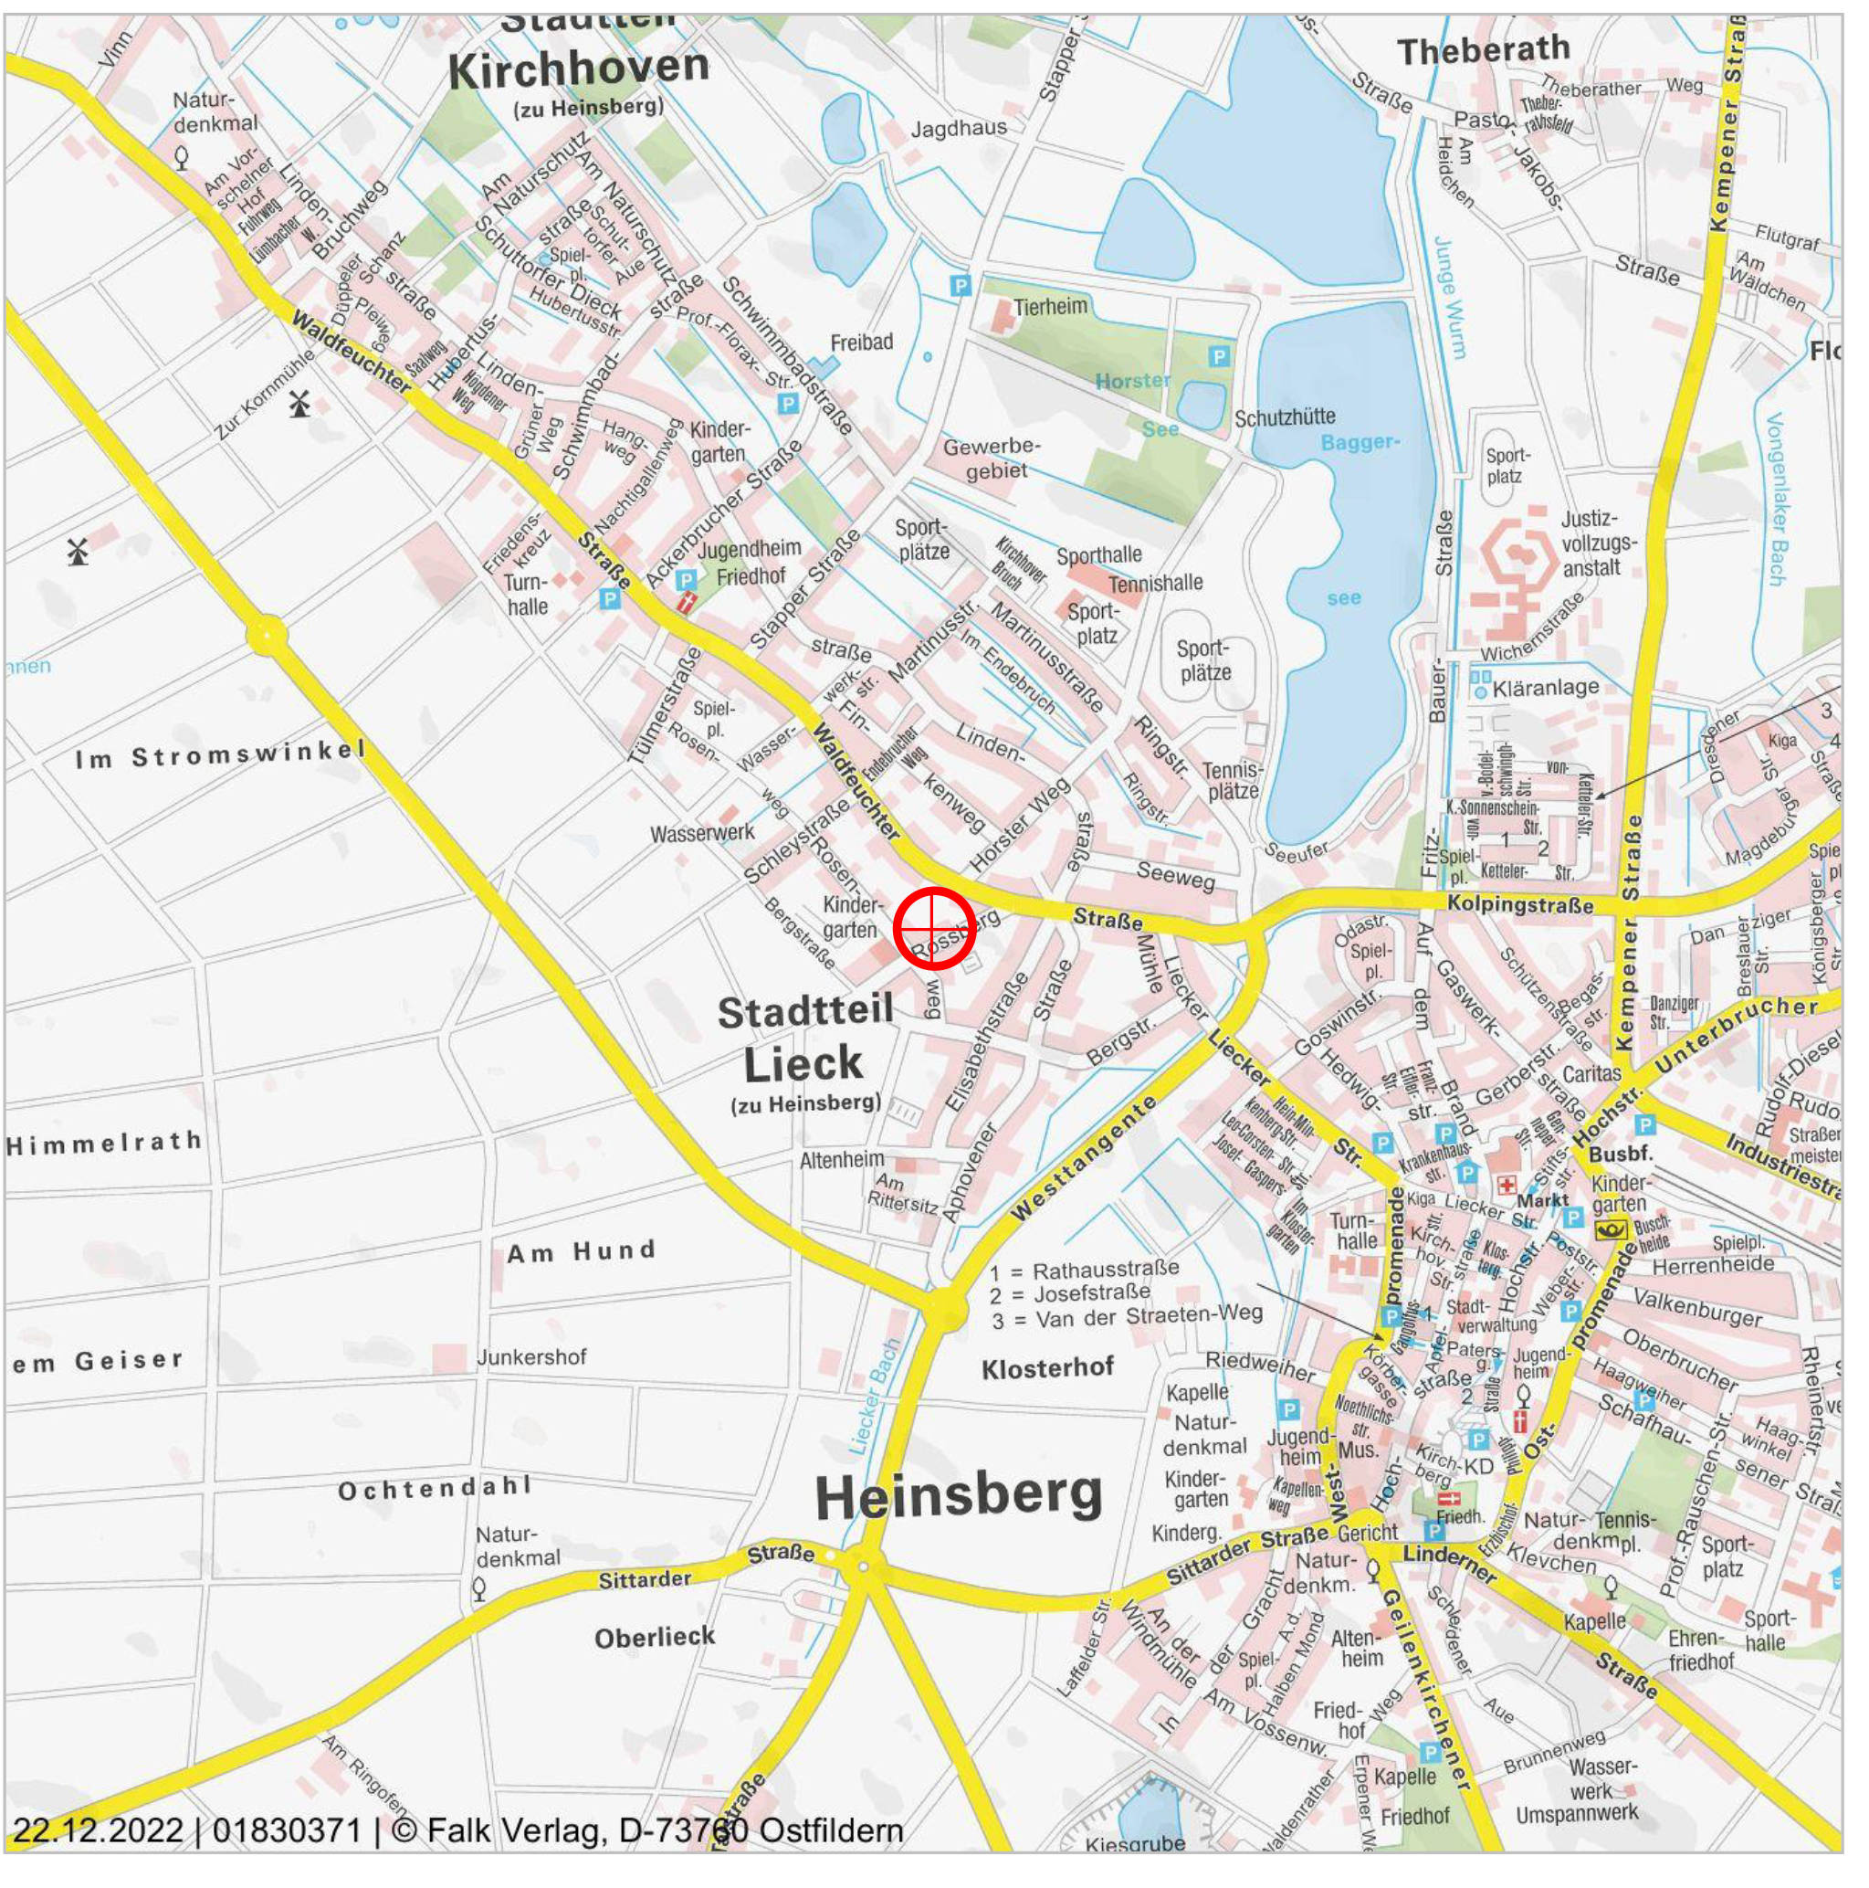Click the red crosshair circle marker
[x=934, y=927]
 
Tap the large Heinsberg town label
[x=958, y=1495]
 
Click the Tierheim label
[x=1049, y=307]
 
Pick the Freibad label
[x=861, y=342]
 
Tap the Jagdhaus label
[x=958, y=128]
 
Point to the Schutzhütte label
[x=1284, y=418]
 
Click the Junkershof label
[x=530, y=1357]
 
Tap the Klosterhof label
[x=1047, y=1368]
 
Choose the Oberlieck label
[x=655, y=1637]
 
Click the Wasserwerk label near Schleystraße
[x=702, y=834]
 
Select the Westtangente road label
[x=1084, y=1159]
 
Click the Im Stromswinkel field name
[x=221, y=754]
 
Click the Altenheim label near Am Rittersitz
[x=841, y=1160]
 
